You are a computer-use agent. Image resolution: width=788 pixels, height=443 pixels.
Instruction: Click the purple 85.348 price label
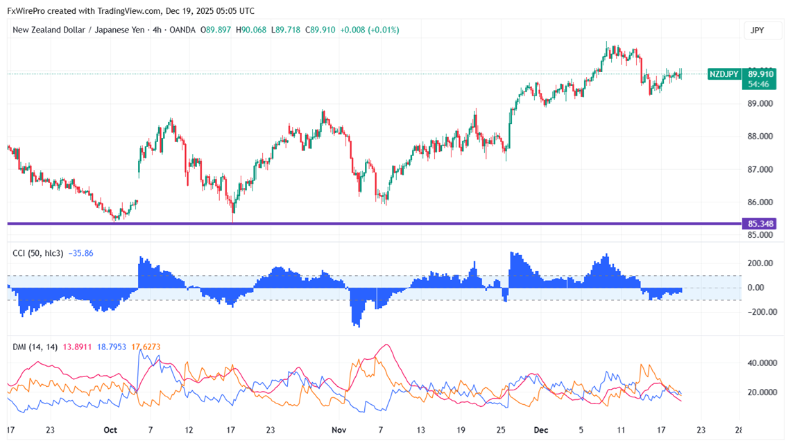[761, 224]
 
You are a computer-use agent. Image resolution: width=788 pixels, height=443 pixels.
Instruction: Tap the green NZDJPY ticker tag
[724, 74]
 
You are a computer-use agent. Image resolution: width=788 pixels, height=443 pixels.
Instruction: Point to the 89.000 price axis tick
[759, 104]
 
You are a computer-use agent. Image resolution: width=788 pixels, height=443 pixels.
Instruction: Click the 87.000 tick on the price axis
[759, 170]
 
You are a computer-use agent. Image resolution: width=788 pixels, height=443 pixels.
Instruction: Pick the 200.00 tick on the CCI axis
[759, 263]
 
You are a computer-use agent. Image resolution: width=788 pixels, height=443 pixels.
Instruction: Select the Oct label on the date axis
[110, 430]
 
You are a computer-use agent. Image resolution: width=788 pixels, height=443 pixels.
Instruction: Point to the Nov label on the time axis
[339, 430]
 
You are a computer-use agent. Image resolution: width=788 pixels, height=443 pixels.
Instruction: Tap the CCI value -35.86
[80, 254]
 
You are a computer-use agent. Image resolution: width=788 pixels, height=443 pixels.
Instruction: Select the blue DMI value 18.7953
[111, 347]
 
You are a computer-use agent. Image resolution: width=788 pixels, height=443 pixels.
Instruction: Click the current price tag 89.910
[761, 73]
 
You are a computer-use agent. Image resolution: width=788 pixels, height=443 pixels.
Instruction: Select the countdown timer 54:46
[758, 84]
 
